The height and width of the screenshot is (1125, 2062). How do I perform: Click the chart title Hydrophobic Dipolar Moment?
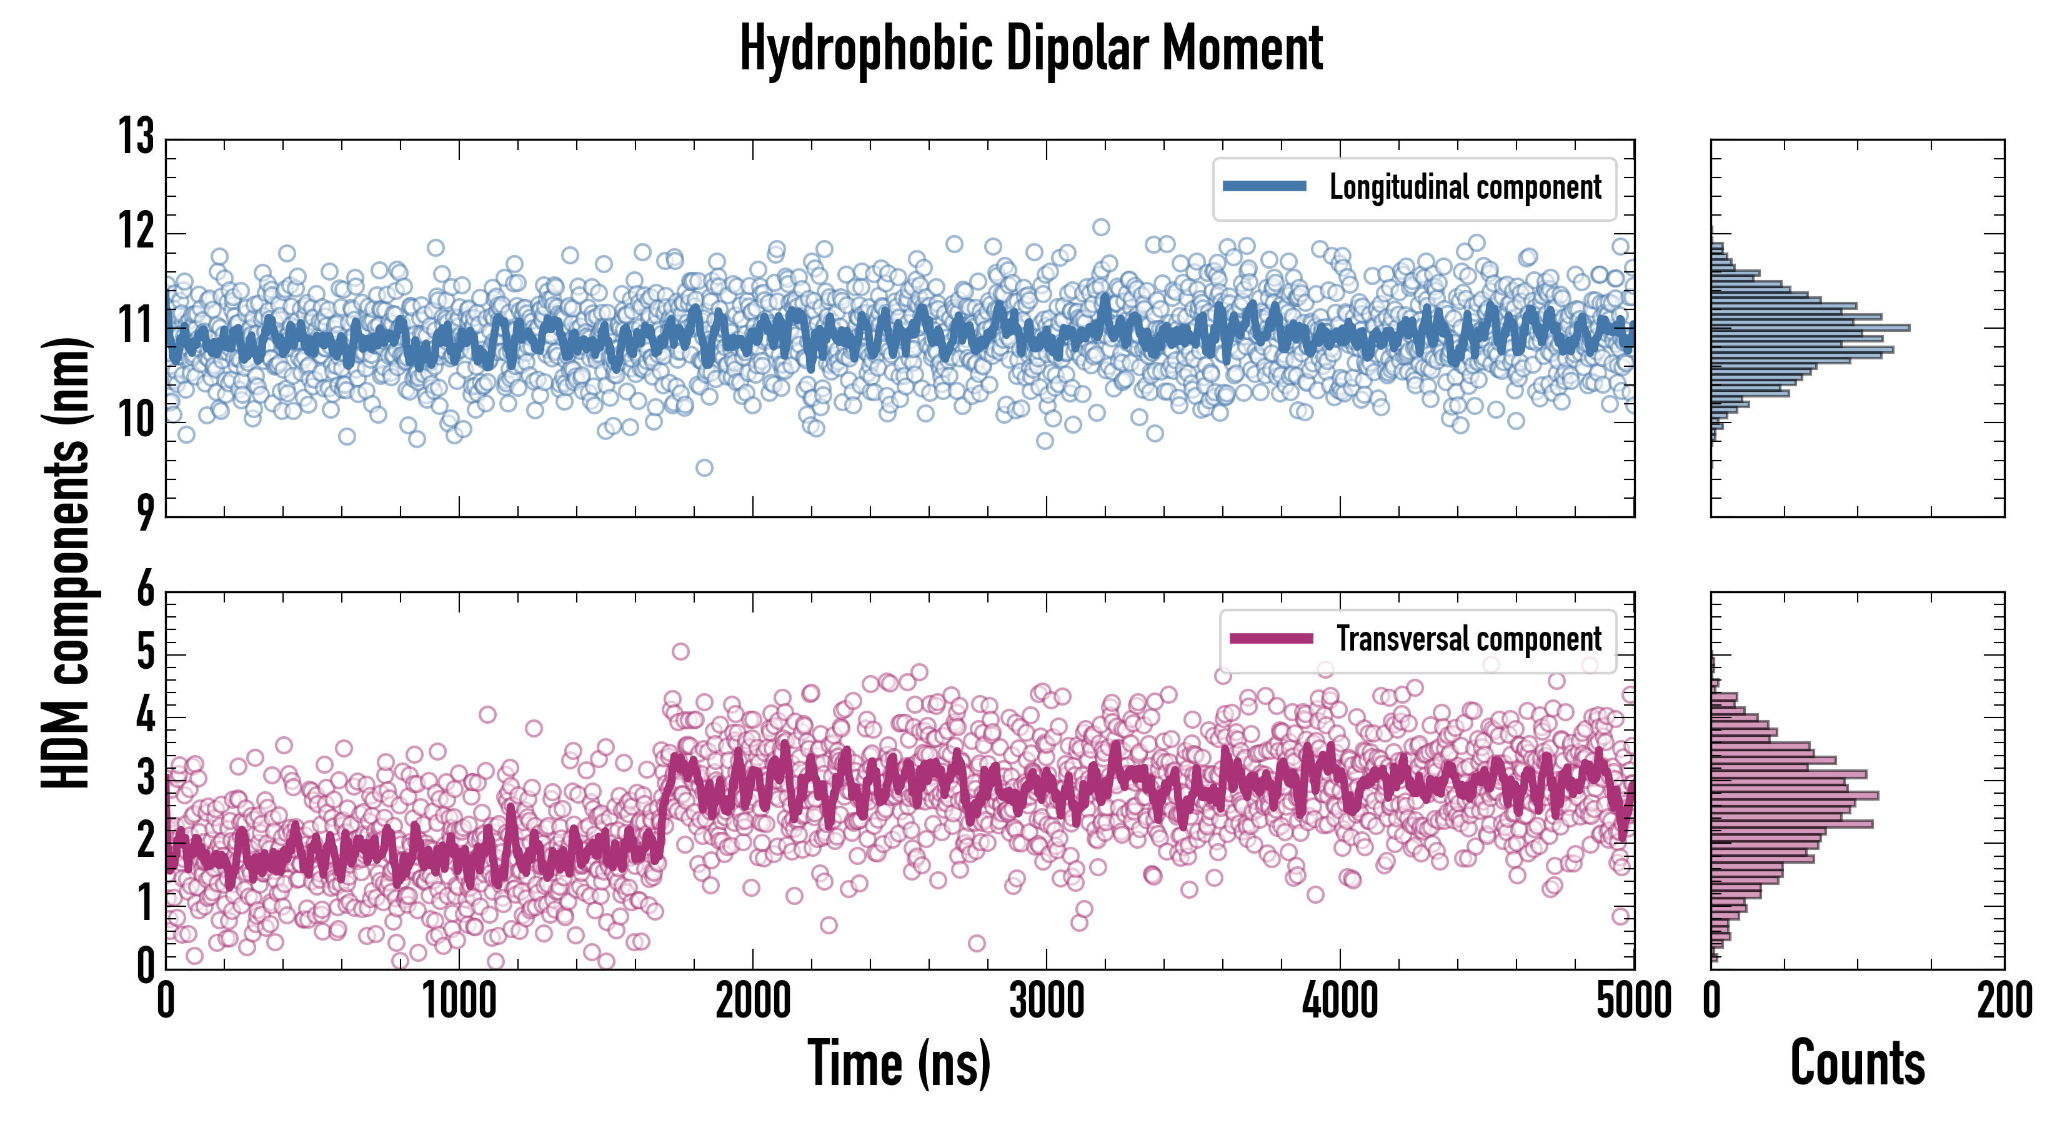pos(1031,48)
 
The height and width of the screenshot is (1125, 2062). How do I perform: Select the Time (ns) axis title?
pos(899,1063)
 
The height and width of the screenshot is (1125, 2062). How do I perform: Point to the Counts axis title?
pos(1857,1063)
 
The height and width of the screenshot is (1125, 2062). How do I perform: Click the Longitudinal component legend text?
pos(1465,187)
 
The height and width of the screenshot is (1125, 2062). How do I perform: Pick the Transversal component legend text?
pos(1469,639)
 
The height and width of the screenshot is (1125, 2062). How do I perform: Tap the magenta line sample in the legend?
pos(1271,638)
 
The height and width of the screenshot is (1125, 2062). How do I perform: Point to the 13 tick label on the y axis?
pos(136,136)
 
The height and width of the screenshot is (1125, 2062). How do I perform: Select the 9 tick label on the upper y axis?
pos(145,512)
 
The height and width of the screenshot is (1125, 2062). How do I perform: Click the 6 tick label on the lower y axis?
pos(145,590)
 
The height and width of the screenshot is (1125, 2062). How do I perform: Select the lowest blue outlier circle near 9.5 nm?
pos(704,467)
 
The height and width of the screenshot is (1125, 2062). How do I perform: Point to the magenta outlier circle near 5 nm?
pos(680,652)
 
